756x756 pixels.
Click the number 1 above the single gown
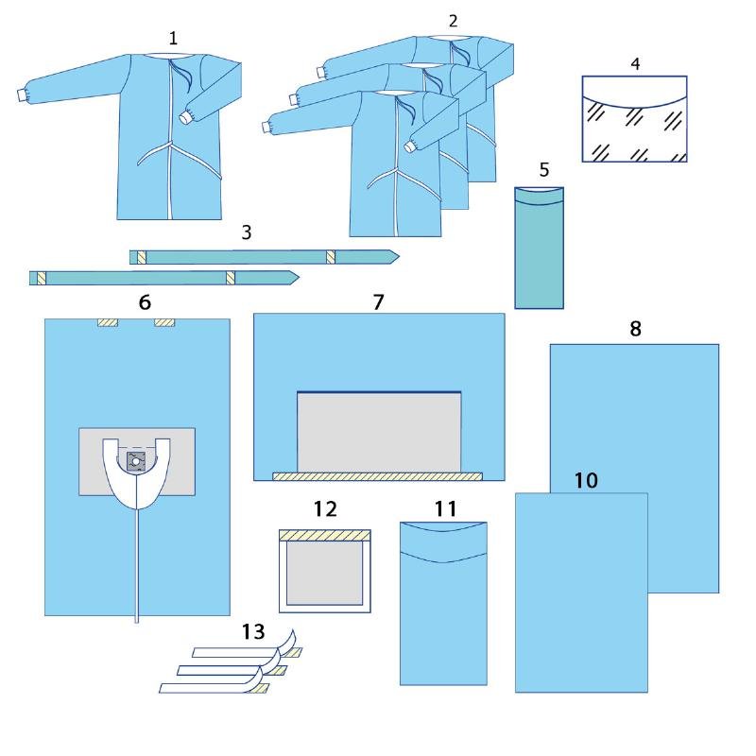173,38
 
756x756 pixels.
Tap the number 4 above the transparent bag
635,63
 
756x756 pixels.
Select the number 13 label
253,631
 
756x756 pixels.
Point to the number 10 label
586,480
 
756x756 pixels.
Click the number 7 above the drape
379,301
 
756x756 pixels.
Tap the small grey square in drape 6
136,461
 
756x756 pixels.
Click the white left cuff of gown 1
22,95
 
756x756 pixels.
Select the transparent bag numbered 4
634,119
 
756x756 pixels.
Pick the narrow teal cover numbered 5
539,248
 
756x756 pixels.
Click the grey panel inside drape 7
379,432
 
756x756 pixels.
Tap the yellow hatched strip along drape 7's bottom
377,476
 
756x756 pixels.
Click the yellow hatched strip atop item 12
325,535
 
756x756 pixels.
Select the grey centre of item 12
324,573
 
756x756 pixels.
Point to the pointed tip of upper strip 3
399,257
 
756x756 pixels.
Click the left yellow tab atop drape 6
108,322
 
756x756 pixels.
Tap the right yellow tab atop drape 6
164,322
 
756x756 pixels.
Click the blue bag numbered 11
443,603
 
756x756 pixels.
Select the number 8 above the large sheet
635,329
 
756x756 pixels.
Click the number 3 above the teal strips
247,232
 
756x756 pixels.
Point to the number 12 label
325,508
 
